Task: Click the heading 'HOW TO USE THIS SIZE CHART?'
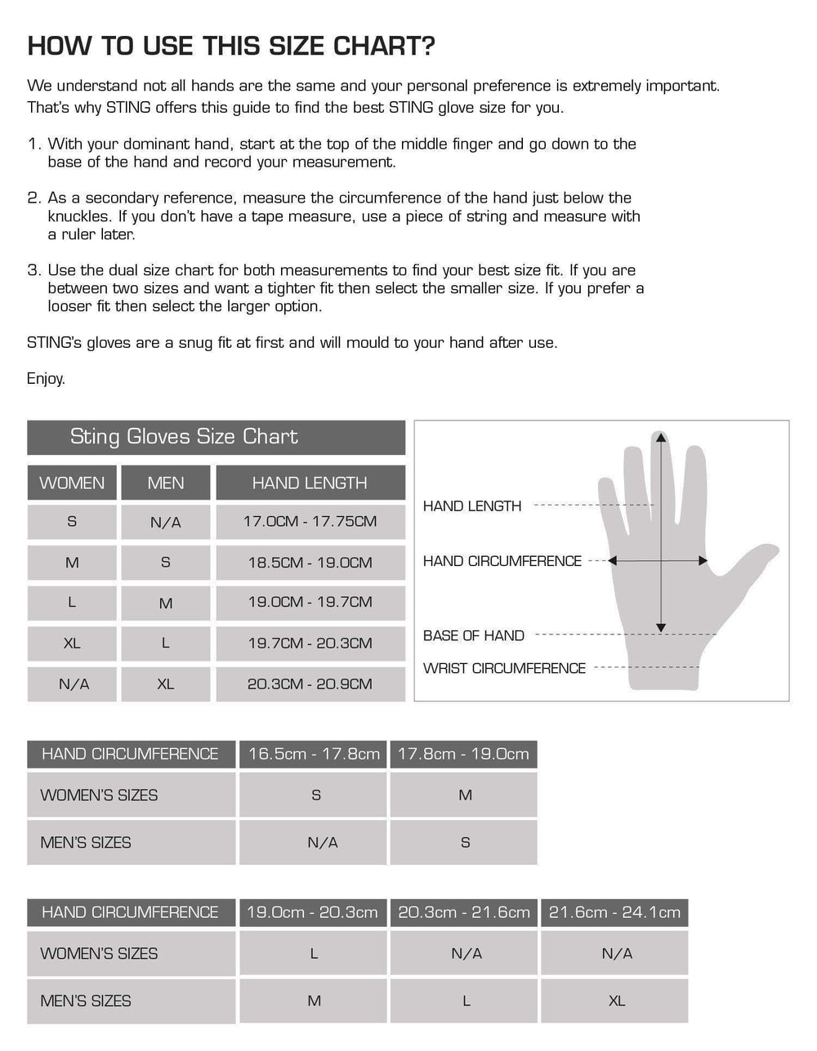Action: click(x=231, y=47)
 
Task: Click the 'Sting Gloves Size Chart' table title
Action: click(x=184, y=437)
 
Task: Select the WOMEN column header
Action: click(x=72, y=483)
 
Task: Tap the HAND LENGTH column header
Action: click(x=310, y=483)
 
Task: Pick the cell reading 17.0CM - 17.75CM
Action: click(x=310, y=521)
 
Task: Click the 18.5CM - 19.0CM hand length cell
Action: click(x=310, y=563)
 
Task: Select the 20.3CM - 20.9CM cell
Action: click(x=310, y=684)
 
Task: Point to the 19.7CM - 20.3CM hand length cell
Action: click(x=310, y=644)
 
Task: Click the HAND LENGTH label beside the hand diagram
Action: click(x=472, y=506)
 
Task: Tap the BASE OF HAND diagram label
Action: click(x=474, y=635)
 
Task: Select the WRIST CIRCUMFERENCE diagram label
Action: click(x=504, y=668)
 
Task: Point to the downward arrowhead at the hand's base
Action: click(x=661, y=628)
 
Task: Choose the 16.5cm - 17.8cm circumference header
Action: click(x=314, y=754)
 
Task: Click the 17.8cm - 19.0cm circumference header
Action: click(x=463, y=754)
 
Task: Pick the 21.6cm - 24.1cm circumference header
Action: click(x=614, y=912)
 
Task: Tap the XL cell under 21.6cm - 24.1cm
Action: click(x=616, y=1000)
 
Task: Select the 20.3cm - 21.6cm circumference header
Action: click(x=464, y=912)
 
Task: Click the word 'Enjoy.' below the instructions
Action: click(x=46, y=379)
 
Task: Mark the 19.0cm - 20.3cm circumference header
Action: click(x=312, y=912)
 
